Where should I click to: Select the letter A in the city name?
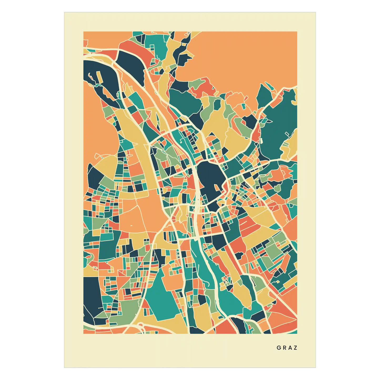(x=290, y=348)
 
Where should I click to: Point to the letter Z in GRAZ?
(x=296, y=348)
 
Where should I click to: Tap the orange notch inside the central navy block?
(x=216, y=187)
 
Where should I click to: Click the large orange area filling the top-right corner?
(x=245, y=58)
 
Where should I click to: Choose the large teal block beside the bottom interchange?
(x=163, y=295)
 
